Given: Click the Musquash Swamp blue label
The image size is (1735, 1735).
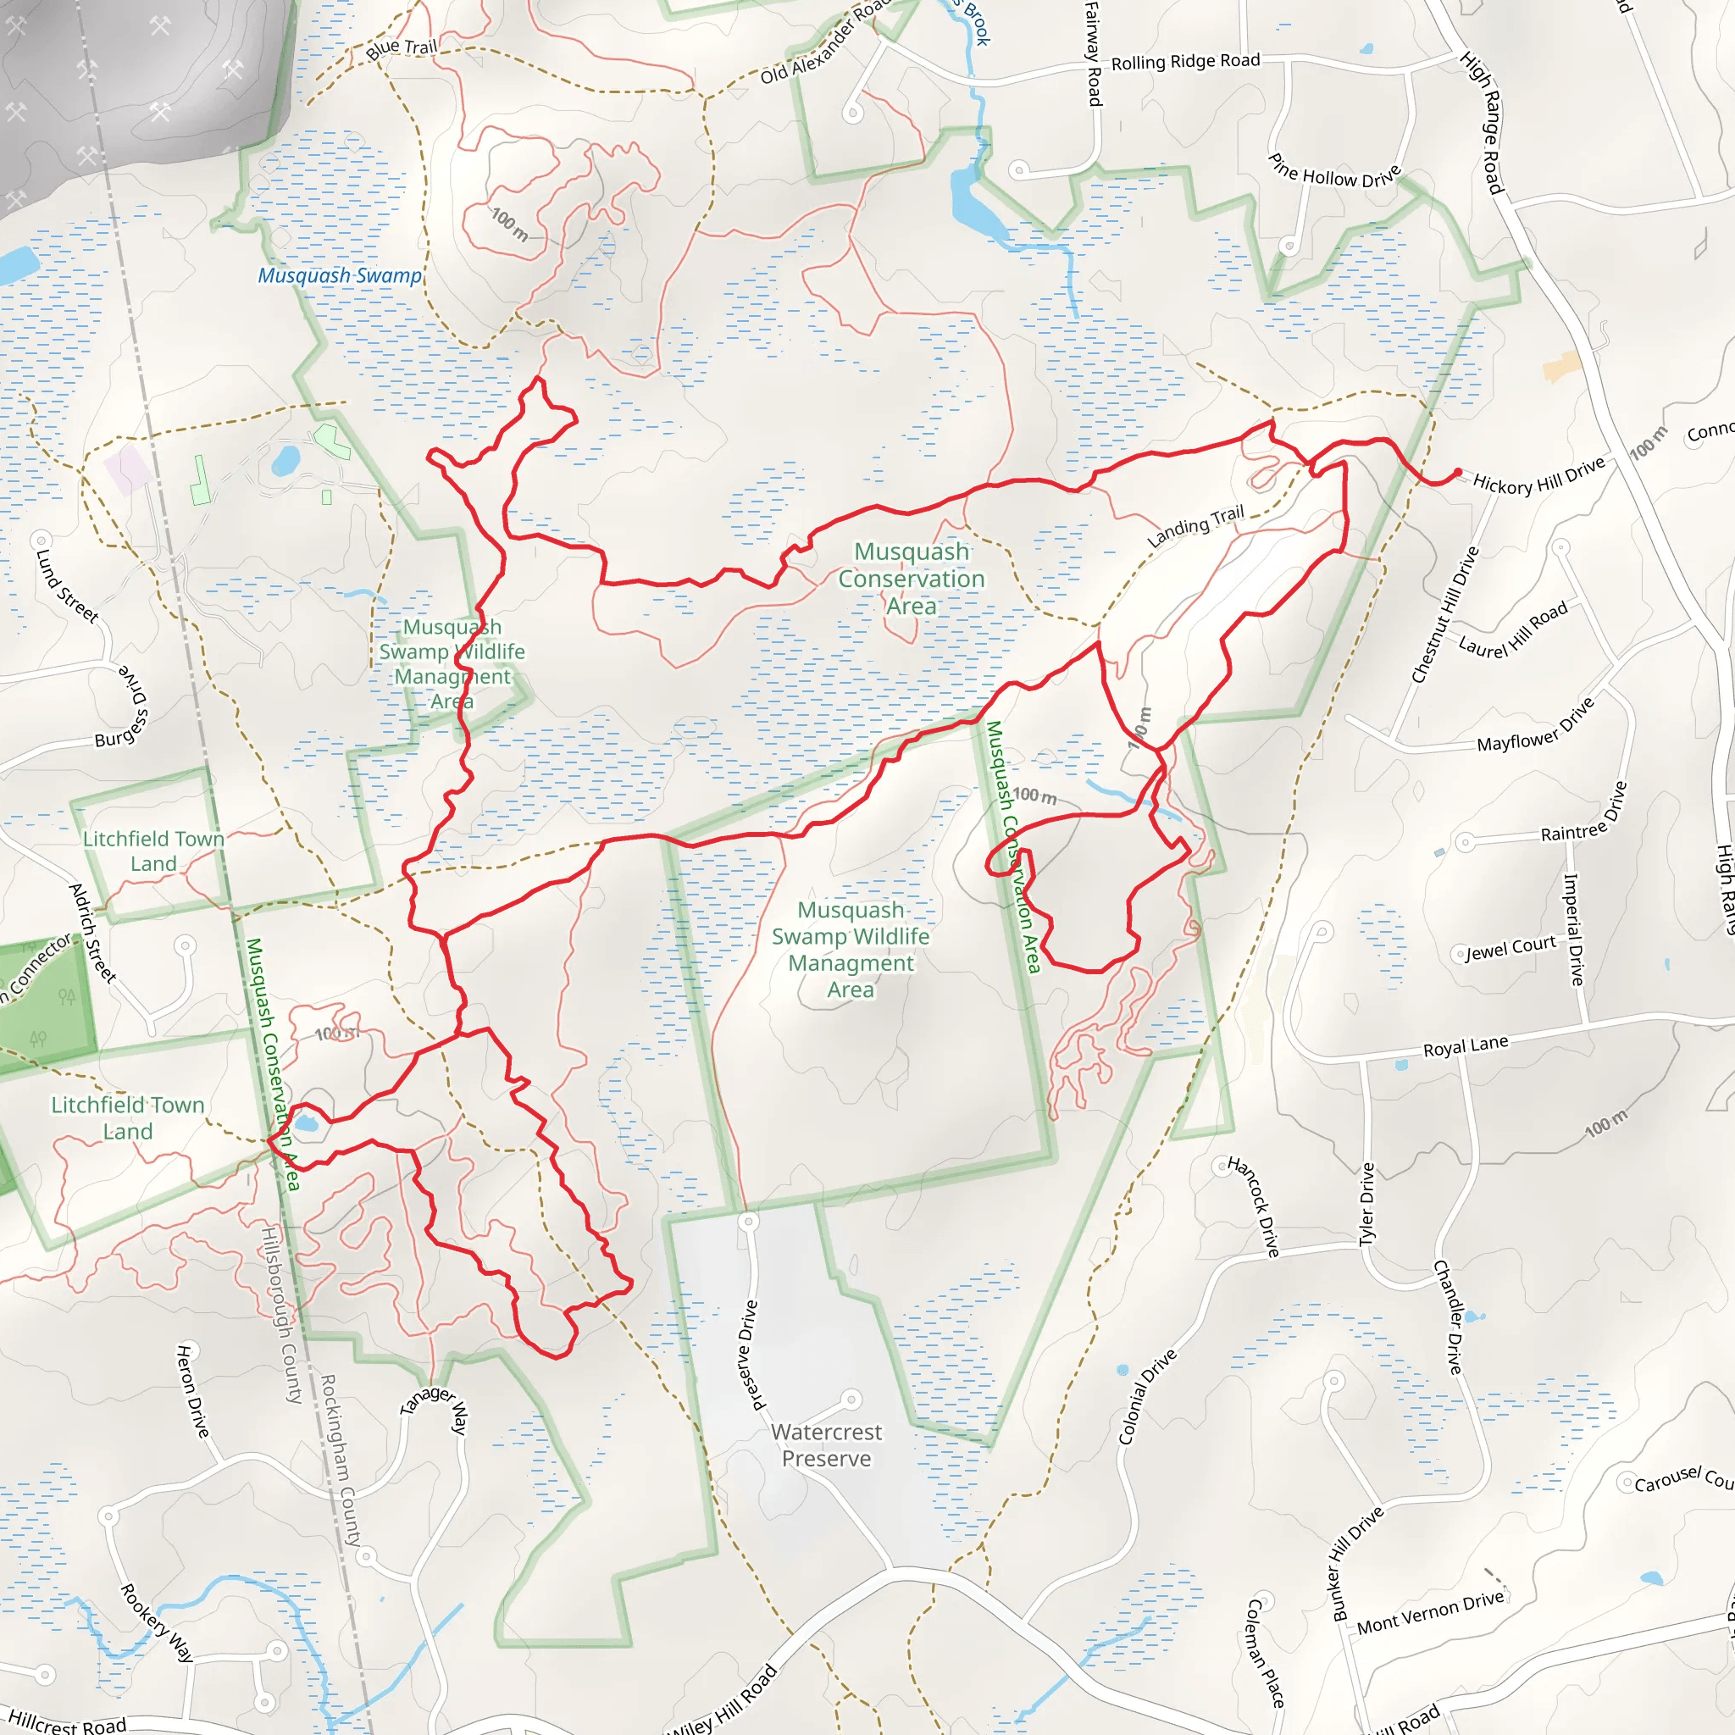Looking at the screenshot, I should pyautogui.click(x=340, y=275).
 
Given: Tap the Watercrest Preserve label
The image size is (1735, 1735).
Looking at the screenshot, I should pyautogui.click(x=826, y=1445).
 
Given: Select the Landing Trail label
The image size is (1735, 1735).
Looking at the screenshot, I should pyautogui.click(x=1195, y=526).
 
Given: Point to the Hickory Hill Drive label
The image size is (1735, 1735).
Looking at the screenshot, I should pyautogui.click(x=1538, y=477).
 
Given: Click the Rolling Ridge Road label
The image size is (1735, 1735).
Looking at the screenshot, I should pyautogui.click(x=1185, y=62).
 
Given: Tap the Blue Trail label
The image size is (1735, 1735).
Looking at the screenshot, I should pyautogui.click(x=402, y=48).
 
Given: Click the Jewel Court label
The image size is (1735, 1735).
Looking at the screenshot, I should pyautogui.click(x=1511, y=947).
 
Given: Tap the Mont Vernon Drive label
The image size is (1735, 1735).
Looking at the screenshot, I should pyautogui.click(x=1430, y=1613).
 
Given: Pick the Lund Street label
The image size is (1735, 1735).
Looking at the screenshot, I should pyautogui.click(x=65, y=586).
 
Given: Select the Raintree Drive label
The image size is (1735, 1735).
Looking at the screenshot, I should pyautogui.click(x=1584, y=812).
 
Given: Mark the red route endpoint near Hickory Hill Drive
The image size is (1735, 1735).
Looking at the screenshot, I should pyautogui.click(x=1457, y=473).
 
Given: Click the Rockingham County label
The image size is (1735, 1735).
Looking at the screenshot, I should pyautogui.click(x=341, y=1460).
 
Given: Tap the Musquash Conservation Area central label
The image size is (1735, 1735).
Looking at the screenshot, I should pyautogui.click(x=912, y=579).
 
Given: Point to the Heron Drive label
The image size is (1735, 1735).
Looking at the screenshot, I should pyautogui.click(x=192, y=1391).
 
